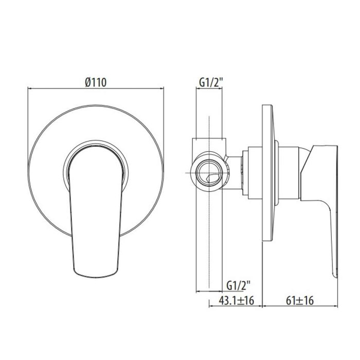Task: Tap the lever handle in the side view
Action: point(324,206)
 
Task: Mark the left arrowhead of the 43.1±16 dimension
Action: point(211,307)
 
